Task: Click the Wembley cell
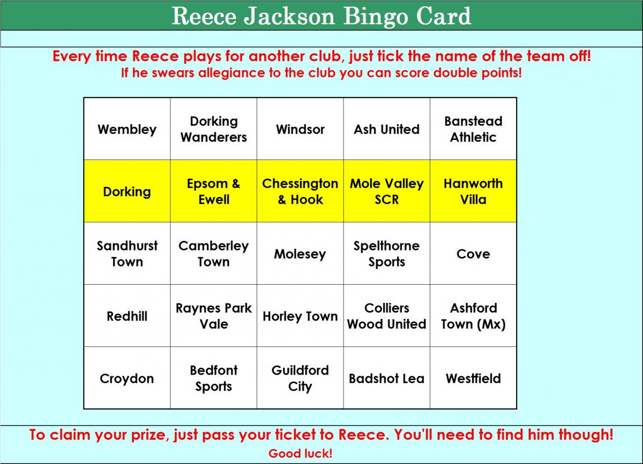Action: [x=127, y=129]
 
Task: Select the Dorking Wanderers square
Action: [x=214, y=129]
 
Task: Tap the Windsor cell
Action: [x=300, y=129]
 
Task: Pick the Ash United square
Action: [x=387, y=129]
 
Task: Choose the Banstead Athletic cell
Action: [x=473, y=129]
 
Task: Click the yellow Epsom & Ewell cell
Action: [x=214, y=191]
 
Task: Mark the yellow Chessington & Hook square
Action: [x=300, y=191]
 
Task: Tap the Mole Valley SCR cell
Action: [x=387, y=191]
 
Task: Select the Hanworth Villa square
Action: [x=473, y=191]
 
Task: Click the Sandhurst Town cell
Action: [x=127, y=253]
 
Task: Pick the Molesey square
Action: [x=300, y=253]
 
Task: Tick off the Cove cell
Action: [x=473, y=253]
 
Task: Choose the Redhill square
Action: [x=127, y=315]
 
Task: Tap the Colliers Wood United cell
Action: [x=387, y=315]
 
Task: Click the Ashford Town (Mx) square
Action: [x=473, y=315]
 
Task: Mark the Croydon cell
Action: [x=127, y=378]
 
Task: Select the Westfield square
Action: [x=473, y=378]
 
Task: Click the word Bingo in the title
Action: [x=376, y=17]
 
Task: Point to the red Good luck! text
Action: [x=300, y=453]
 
